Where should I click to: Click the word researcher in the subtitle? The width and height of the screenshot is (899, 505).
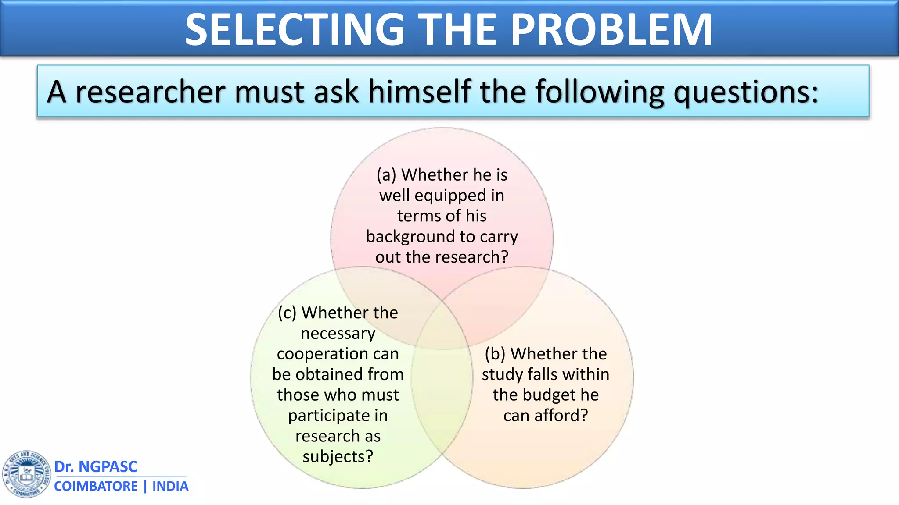151,92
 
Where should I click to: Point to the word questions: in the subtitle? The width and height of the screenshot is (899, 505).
746,93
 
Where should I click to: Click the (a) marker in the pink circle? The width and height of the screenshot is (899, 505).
386,175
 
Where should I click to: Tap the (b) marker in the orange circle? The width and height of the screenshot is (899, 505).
495,354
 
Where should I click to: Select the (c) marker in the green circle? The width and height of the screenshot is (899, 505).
288,313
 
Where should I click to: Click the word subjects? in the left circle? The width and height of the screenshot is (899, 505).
338,456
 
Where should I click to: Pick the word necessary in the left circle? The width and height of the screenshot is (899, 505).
338,333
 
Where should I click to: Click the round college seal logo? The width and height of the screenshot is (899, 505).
26,474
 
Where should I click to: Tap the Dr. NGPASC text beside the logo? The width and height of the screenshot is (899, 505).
96,466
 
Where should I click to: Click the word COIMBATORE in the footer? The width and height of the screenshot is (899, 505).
96,486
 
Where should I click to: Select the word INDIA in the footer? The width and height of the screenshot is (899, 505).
170,486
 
